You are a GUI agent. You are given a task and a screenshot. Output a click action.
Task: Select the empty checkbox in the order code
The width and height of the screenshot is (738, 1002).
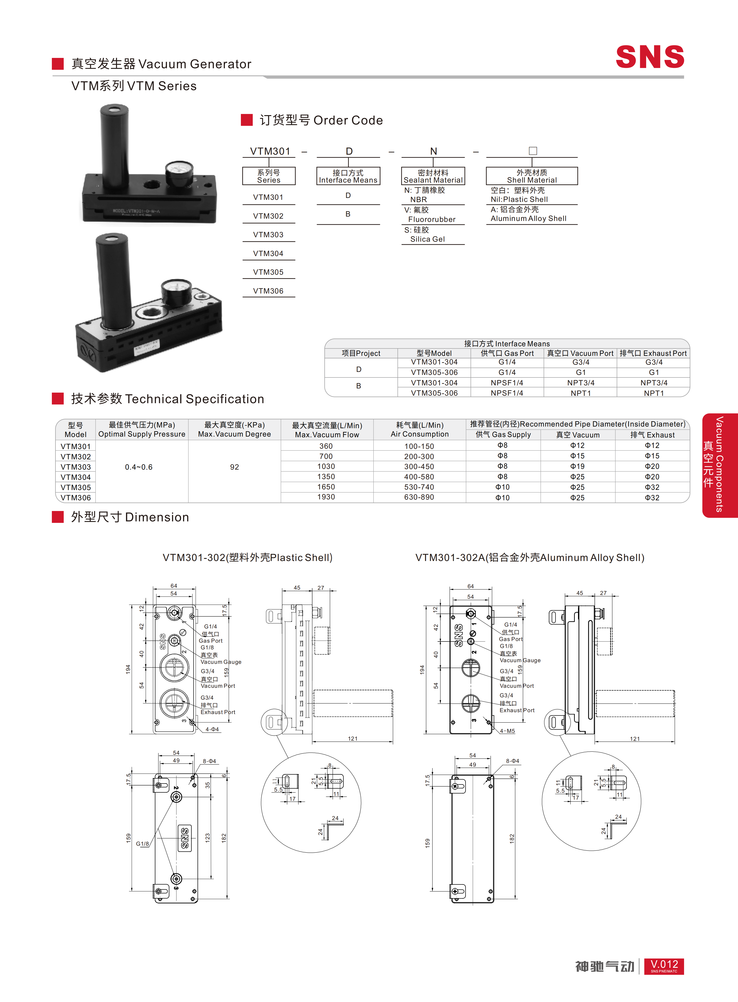pyautogui.click(x=532, y=151)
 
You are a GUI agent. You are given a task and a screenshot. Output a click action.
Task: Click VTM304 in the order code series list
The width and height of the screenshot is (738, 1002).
pyautogui.click(x=268, y=253)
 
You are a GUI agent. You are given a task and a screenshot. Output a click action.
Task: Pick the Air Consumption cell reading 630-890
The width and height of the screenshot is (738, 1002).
pyautogui.click(x=419, y=497)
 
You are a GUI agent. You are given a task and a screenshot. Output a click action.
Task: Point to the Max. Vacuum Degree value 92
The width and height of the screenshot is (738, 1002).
pyautogui.click(x=235, y=467)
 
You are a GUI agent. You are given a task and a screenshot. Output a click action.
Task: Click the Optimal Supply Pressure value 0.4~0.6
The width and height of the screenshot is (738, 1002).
pyautogui.click(x=139, y=467)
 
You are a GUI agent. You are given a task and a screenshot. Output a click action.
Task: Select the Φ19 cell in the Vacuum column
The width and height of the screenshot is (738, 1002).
pyautogui.click(x=577, y=466)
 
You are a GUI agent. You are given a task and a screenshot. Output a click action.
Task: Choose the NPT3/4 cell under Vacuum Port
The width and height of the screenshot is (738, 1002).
pyautogui.click(x=581, y=383)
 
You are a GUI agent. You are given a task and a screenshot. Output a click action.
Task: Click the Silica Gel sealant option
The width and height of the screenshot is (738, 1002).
pyautogui.click(x=428, y=239)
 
